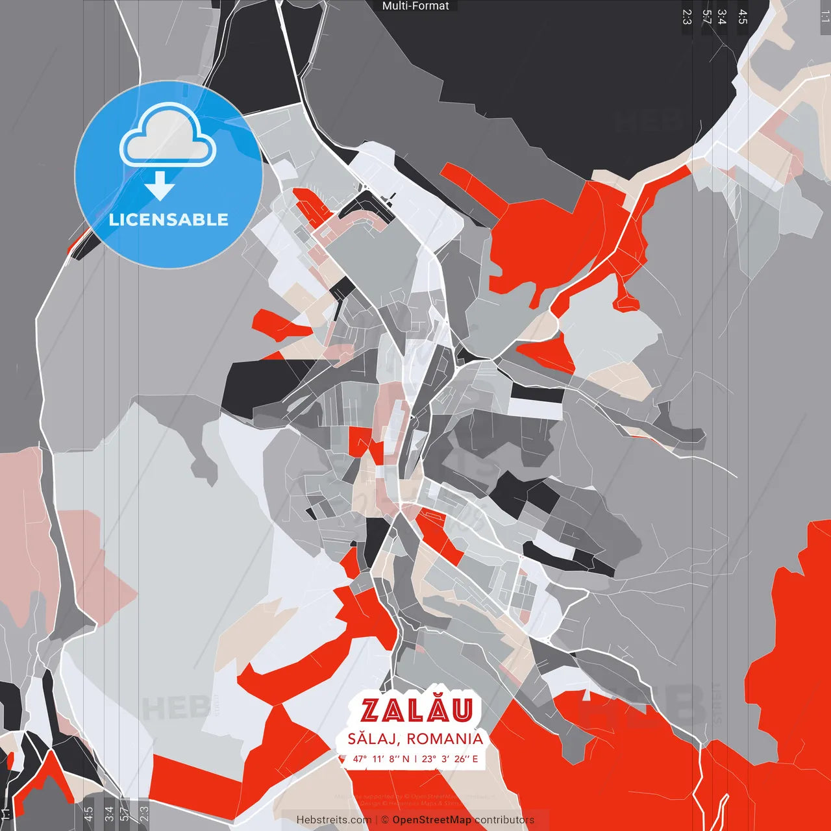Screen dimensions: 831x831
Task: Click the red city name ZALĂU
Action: point(415,710)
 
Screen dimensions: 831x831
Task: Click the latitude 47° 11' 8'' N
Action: point(382,759)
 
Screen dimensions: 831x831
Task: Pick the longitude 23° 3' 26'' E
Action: point(450,759)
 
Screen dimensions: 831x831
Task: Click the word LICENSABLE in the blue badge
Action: point(169,219)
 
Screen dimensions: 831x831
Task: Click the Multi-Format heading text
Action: point(415,6)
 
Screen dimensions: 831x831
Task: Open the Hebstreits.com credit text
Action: point(334,820)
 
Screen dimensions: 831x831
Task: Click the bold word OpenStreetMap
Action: point(432,820)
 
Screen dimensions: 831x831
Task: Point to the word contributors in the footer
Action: point(504,820)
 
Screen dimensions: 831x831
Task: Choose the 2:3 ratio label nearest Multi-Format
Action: point(687,16)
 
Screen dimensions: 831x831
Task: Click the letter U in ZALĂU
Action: point(461,711)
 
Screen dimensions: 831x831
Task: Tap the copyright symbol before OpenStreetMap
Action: point(385,820)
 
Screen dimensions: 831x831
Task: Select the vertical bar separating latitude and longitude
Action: point(415,759)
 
